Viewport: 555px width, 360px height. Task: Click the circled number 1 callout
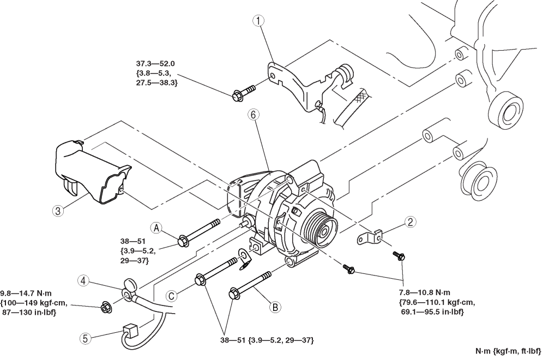point(258,21)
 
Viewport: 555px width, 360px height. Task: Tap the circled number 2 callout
point(410,222)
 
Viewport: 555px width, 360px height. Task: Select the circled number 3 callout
point(58,211)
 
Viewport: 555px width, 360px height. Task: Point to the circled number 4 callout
point(83,281)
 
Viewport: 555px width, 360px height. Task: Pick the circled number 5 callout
point(85,338)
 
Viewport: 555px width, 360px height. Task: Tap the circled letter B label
point(275,307)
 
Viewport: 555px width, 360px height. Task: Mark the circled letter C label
point(172,296)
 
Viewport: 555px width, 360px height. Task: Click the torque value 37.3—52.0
point(155,64)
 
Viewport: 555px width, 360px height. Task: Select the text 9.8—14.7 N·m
point(26,293)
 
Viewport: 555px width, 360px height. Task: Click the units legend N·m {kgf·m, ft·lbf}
point(508,351)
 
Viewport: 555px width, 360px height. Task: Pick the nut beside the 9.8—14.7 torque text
point(105,307)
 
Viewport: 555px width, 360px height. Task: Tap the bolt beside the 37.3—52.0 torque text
point(244,92)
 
